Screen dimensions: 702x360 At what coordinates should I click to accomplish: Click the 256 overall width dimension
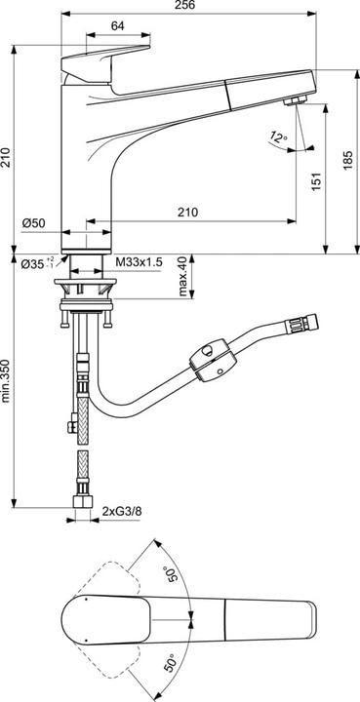[x=181, y=6]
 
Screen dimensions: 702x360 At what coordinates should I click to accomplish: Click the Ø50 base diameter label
[x=35, y=223]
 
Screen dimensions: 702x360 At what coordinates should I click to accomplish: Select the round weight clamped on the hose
[x=212, y=363]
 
